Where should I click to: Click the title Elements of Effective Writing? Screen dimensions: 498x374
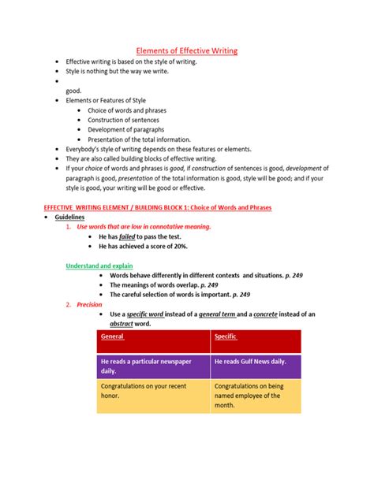pyautogui.click(x=188, y=50)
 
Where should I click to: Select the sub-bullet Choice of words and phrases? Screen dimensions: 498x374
pyautogui.click(x=128, y=110)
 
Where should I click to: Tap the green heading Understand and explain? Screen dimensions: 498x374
pyautogui.click(x=99, y=265)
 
